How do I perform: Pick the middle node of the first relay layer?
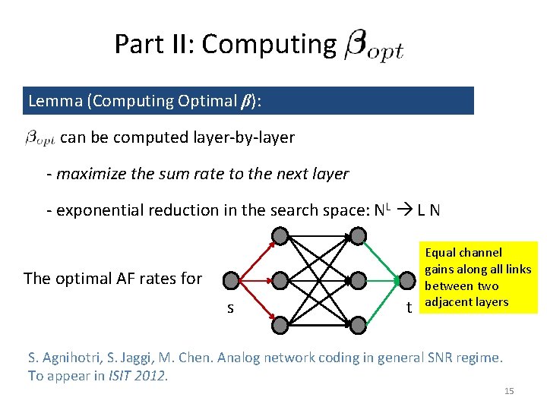(280, 281)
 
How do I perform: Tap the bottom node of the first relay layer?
(280, 325)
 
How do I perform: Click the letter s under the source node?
(229, 308)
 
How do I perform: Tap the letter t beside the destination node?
(409, 307)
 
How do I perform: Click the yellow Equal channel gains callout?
(479, 277)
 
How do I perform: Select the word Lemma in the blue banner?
(51, 101)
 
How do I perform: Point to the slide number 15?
(509, 391)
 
